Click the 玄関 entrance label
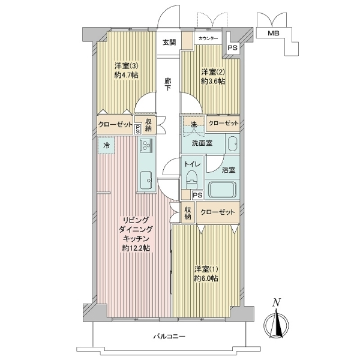coord(169,43)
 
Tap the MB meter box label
coord(274,33)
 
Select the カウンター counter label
coord(208,38)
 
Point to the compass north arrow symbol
coord(276,322)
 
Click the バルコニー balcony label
coord(169,337)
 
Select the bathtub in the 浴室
coord(223,190)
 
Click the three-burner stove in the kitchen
coord(146,145)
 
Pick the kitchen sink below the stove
coord(146,180)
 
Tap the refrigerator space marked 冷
coord(106,145)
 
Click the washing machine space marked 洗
coord(193,125)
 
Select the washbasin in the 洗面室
coord(232,144)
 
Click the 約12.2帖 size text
coord(136,248)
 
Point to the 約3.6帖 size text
coord(213,81)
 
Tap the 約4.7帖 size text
coord(126,75)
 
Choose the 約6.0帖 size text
coord(206,278)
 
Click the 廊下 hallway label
coord(168,84)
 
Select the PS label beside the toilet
coord(197,196)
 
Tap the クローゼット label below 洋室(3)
coord(115,125)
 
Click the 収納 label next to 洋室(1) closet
coord(188,213)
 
